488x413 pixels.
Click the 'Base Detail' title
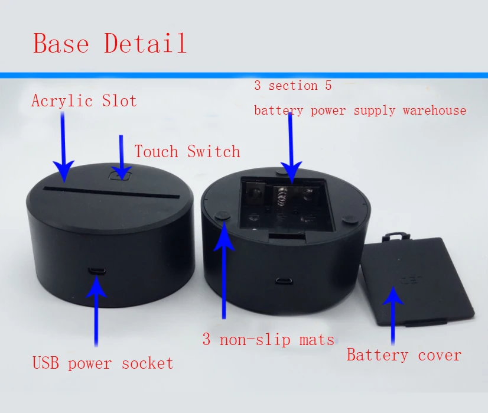110,43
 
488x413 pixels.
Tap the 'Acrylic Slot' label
84,101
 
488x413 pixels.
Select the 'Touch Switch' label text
187,152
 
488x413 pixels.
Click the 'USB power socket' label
103,363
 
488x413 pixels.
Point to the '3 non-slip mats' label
268,339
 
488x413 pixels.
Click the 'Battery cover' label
404,355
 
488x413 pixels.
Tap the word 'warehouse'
434,110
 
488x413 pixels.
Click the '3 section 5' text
293,86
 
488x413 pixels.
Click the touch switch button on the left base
121,175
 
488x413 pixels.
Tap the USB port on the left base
97,271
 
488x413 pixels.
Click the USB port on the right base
284,281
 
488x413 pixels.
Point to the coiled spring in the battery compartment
282,197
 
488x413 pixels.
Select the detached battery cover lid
417,282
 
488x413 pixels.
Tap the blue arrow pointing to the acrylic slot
63,148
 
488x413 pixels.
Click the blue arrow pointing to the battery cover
393,316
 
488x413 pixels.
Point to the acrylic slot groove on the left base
112,193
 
